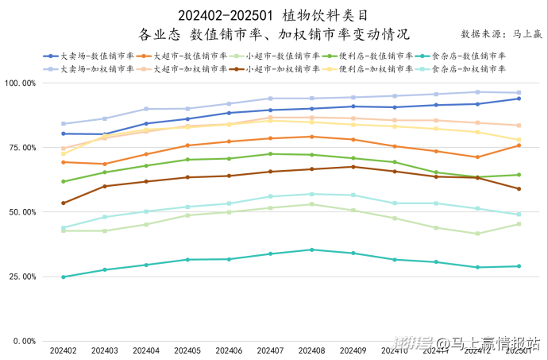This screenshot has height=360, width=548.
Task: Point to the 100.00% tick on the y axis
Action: point(20,83)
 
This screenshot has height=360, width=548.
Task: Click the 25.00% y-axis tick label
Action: point(21,277)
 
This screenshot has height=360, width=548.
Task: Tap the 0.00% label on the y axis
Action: point(24,342)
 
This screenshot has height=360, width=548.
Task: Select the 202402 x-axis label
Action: point(64,350)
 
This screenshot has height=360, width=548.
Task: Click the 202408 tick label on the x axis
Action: point(312,350)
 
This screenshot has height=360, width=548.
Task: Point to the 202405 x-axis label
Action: point(187,350)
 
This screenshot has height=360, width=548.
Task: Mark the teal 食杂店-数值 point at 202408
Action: point(312,250)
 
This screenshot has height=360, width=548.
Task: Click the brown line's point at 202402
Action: point(64,203)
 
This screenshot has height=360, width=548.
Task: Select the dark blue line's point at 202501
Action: point(519,99)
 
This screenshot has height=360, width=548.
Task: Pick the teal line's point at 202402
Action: point(64,277)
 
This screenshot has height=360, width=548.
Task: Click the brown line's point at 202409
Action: point(353,166)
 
